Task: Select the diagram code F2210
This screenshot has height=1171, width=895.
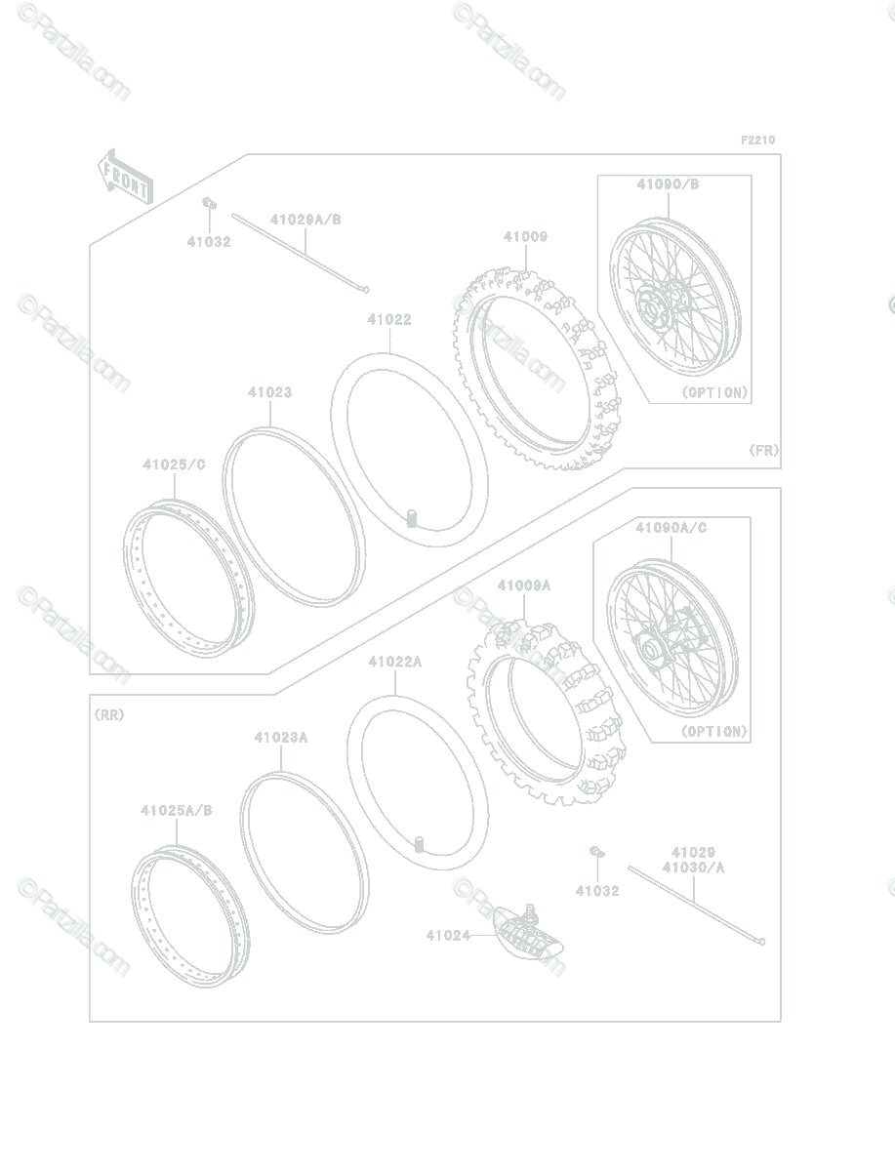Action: pyautogui.click(x=757, y=140)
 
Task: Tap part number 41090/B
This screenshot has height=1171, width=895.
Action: pyautogui.click(x=668, y=184)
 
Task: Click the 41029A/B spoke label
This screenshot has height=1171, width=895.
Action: pyautogui.click(x=305, y=220)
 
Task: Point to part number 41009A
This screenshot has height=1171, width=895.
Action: pyautogui.click(x=524, y=585)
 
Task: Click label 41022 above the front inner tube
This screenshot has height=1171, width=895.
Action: pyautogui.click(x=389, y=319)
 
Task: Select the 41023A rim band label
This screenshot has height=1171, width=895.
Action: pyautogui.click(x=281, y=738)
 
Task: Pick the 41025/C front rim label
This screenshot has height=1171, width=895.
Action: pyautogui.click(x=174, y=464)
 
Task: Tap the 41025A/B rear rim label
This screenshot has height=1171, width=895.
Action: pyautogui.click(x=177, y=810)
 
